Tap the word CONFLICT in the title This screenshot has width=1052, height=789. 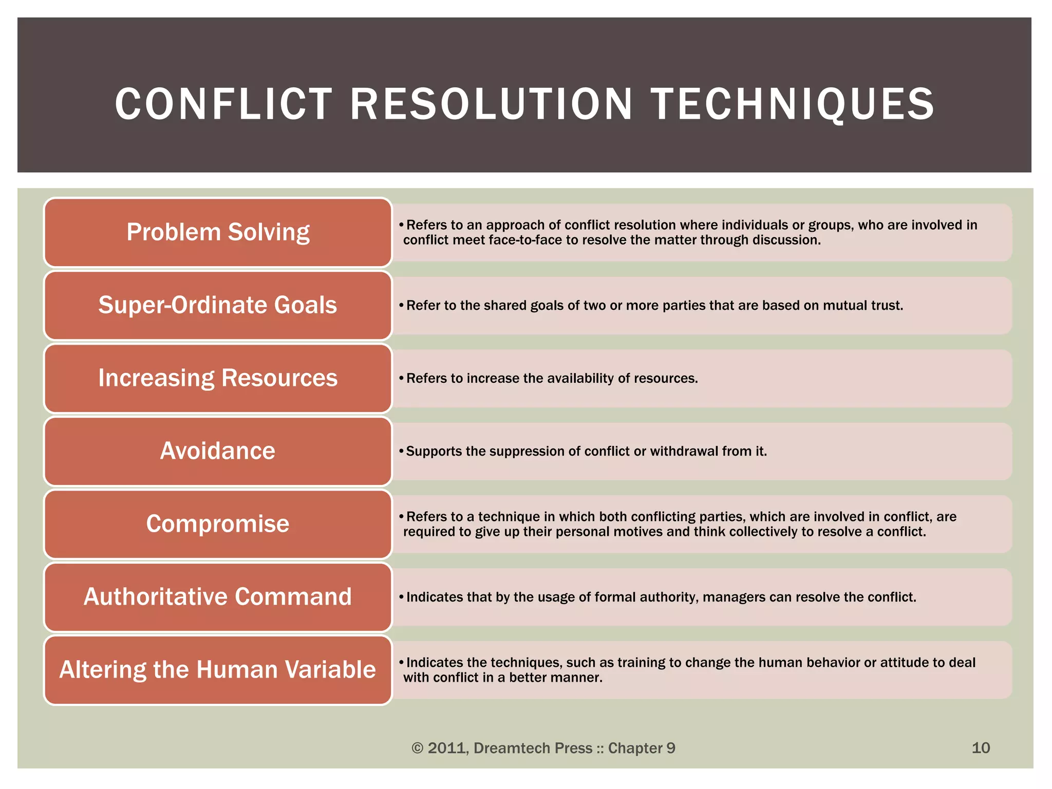click(x=224, y=104)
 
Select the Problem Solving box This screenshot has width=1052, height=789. click(x=218, y=232)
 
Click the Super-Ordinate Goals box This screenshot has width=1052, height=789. click(x=218, y=305)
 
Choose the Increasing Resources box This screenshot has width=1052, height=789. click(x=218, y=378)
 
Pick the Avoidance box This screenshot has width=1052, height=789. click(x=218, y=451)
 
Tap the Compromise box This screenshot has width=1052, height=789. click(x=218, y=524)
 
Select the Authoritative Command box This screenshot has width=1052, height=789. click(x=218, y=597)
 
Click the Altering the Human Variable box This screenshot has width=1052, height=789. click(x=218, y=670)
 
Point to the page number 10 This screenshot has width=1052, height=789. click(x=981, y=748)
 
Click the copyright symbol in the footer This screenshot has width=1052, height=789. click(x=418, y=748)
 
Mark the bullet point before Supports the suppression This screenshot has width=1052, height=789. click(x=402, y=451)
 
